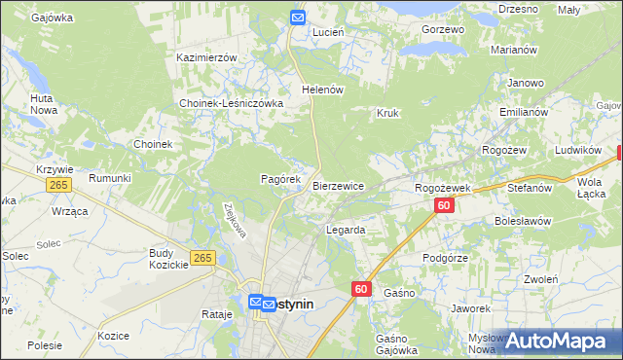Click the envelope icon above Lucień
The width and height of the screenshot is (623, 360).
(298, 17)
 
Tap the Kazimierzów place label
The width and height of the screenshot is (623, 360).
(207, 57)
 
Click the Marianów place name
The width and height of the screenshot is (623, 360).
(514, 50)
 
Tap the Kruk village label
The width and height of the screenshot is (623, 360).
(388, 113)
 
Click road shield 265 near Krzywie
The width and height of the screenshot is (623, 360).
(60, 185)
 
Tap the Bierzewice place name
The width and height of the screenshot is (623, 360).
(338, 185)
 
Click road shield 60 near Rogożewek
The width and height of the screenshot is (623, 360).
(444, 205)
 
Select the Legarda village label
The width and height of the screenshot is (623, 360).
(346, 231)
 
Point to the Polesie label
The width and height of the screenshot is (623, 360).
(45, 345)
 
